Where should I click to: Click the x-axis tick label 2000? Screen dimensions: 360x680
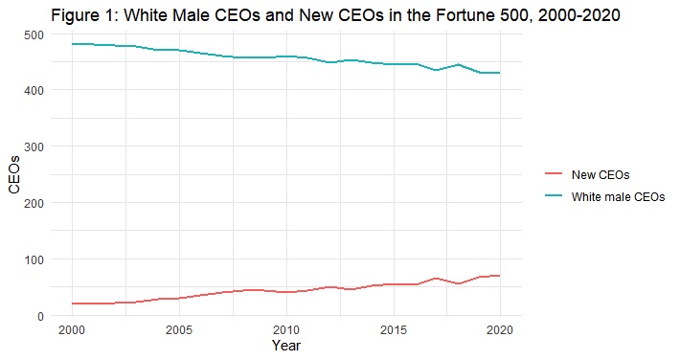71,329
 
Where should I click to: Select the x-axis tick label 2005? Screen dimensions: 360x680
178,329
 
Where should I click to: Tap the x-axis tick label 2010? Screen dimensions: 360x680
285,329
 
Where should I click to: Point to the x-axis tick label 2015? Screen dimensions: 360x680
392,329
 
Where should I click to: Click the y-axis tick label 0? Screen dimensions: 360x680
40,316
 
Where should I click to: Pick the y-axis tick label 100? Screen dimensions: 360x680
34,259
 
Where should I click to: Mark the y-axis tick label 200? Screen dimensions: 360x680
34,203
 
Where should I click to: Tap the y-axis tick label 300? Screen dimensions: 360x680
34,146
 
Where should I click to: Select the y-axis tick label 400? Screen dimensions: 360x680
34,90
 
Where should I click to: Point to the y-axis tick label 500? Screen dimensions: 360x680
34,34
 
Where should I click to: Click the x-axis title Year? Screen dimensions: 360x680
285,346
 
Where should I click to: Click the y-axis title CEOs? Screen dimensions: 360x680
13,174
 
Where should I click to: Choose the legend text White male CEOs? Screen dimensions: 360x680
618,196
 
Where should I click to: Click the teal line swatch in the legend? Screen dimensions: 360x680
553,196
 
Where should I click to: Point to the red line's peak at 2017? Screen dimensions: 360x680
436,279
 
